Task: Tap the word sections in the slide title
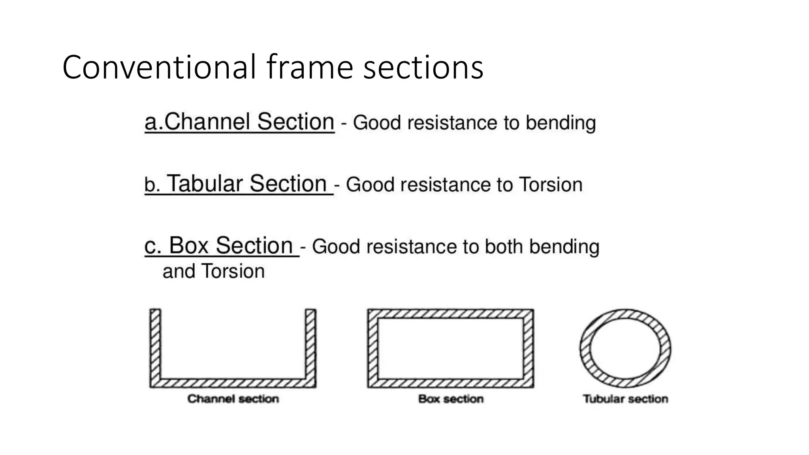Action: (x=423, y=67)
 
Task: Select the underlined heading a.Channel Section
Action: (x=239, y=122)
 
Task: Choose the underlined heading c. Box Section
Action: (x=221, y=246)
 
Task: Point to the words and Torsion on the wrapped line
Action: (x=213, y=271)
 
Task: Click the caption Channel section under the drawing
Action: (x=233, y=399)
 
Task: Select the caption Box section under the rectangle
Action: (x=451, y=399)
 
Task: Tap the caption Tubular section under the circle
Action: (x=625, y=399)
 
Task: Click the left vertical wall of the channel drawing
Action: (x=155, y=344)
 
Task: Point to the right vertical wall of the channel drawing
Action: (x=311, y=344)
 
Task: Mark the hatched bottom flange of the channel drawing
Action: (x=233, y=383)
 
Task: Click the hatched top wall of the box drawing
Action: (x=450, y=314)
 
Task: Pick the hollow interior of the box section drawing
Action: (x=450, y=348)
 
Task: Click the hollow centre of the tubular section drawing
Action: (x=625, y=348)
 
